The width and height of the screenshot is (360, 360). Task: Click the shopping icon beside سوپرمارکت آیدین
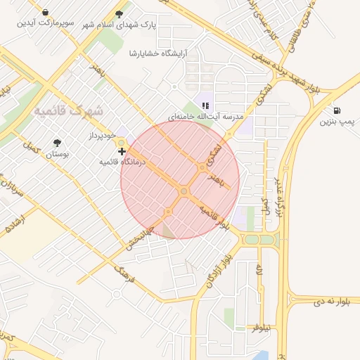tap(45, 12)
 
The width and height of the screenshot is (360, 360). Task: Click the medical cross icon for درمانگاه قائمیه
tap(122, 151)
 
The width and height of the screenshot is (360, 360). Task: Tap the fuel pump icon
tap(338, 111)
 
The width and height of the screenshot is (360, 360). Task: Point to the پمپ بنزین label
tap(335, 122)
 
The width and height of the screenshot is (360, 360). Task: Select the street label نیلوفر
tap(266, 329)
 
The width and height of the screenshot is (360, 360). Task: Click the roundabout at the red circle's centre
tap(184, 191)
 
